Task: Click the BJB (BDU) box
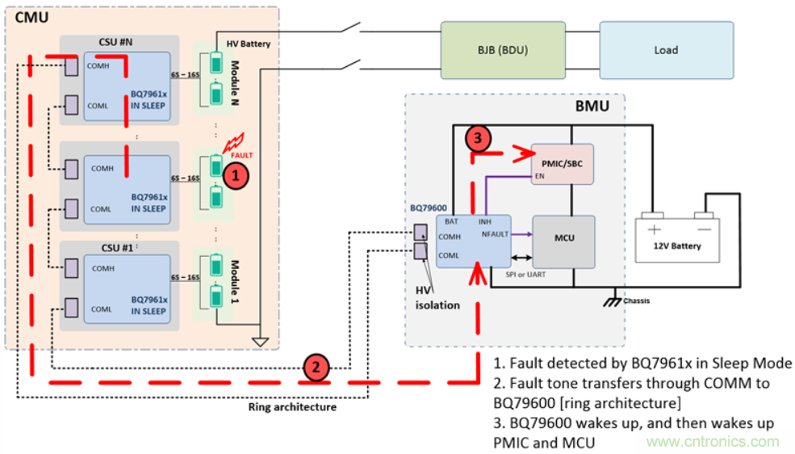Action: tap(503, 50)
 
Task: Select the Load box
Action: tap(666, 50)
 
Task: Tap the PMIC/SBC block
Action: tap(562, 164)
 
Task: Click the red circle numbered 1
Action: tap(235, 173)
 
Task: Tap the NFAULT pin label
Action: tap(495, 235)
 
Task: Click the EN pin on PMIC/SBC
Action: tap(540, 175)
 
